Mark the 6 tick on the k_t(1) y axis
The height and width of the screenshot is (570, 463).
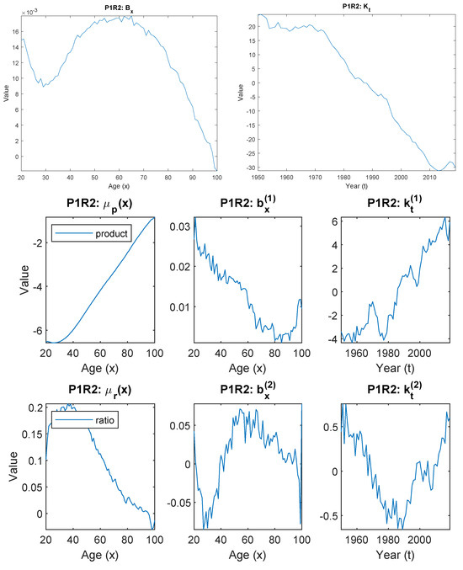coord(333,221)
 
